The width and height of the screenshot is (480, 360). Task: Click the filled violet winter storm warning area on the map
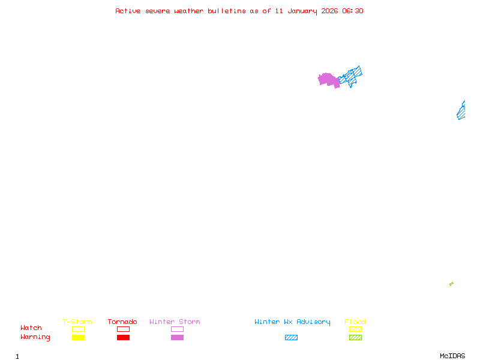[x=328, y=79]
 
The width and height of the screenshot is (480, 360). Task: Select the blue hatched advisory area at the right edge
[x=461, y=112]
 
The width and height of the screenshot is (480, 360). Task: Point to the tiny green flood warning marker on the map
[x=451, y=284]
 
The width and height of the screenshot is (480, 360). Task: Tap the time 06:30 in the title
[x=353, y=11]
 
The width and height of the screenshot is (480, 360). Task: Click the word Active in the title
[x=128, y=11]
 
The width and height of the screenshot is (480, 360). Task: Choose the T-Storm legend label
[x=77, y=322]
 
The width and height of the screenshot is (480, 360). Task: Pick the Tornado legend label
[x=122, y=322]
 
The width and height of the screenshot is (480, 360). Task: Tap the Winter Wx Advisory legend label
[x=292, y=322]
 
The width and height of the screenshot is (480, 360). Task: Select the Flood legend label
[x=355, y=322]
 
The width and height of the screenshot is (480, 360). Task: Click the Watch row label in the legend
[x=31, y=328]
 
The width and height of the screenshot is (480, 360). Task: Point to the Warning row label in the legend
[x=35, y=337]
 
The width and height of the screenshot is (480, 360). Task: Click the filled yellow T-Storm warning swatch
[x=78, y=337]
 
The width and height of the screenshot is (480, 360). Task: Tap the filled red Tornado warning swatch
[x=123, y=337]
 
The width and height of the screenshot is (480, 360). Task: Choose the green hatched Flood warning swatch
[x=355, y=337]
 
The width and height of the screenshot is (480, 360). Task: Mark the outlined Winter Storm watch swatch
[x=177, y=329]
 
